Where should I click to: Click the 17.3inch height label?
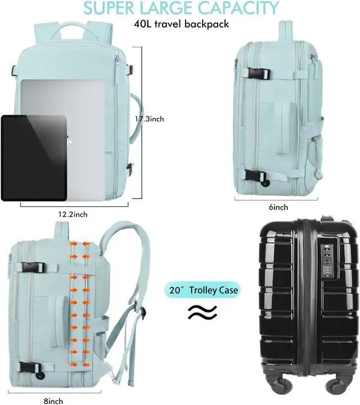[x=150, y=119]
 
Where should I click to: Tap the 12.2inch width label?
[x=73, y=214]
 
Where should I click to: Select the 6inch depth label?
[x=278, y=207]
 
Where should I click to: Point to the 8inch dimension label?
[x=53, y=401]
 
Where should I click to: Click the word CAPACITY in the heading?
[x=238, y=8]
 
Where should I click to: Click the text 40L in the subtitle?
[x=142, y=24]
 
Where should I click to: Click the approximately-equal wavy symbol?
[x=202, y=312]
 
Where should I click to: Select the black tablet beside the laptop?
[x=34, y=158]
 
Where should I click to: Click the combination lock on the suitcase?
[x=327, y=262]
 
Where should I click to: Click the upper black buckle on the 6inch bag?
[x=258, y=73]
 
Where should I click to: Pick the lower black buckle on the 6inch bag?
[x=256, y=176]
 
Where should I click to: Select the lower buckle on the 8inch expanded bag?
[x=30, y=368]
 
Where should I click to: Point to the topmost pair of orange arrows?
[x=80, y=244]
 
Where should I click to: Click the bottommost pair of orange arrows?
[x=80, y=364]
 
